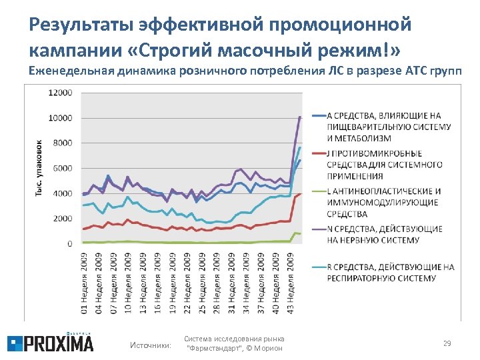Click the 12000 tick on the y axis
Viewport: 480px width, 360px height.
point(61,93)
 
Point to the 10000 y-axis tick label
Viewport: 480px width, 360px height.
point(61,119)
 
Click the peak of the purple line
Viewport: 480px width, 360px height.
point(301,117)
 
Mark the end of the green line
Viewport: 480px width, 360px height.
point(301,234)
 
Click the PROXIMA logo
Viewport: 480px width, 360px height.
point(51,343)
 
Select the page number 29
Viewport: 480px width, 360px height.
point(447,343)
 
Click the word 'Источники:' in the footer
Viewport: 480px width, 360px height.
point(150,344)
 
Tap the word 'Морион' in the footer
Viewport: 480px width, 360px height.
point(269,349)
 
